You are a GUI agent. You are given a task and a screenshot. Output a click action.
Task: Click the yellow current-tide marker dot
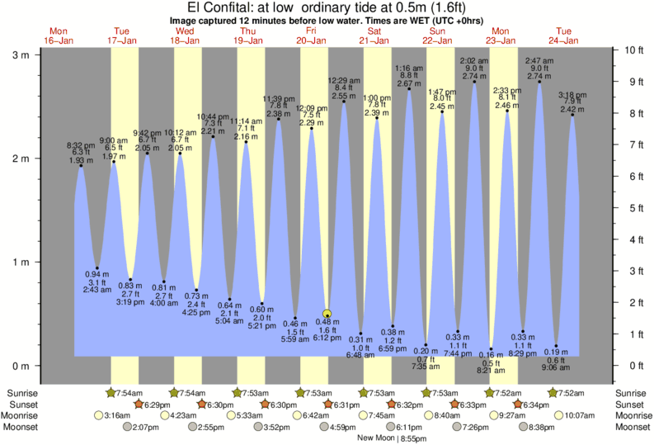pos(327,314)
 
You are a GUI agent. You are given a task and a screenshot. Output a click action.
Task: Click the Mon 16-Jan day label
pos(59,35)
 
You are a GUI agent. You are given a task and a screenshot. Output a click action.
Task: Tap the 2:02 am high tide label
pos(473,60)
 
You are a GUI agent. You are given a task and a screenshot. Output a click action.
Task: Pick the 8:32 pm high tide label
pos(81,144)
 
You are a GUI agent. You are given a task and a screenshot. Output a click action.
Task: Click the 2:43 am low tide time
pos(97,290)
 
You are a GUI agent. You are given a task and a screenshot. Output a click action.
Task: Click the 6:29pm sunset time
pos(158,405)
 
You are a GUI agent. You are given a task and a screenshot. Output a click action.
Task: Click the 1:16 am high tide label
pos(409,68)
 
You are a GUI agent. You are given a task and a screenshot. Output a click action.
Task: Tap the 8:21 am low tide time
pos(492,370)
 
